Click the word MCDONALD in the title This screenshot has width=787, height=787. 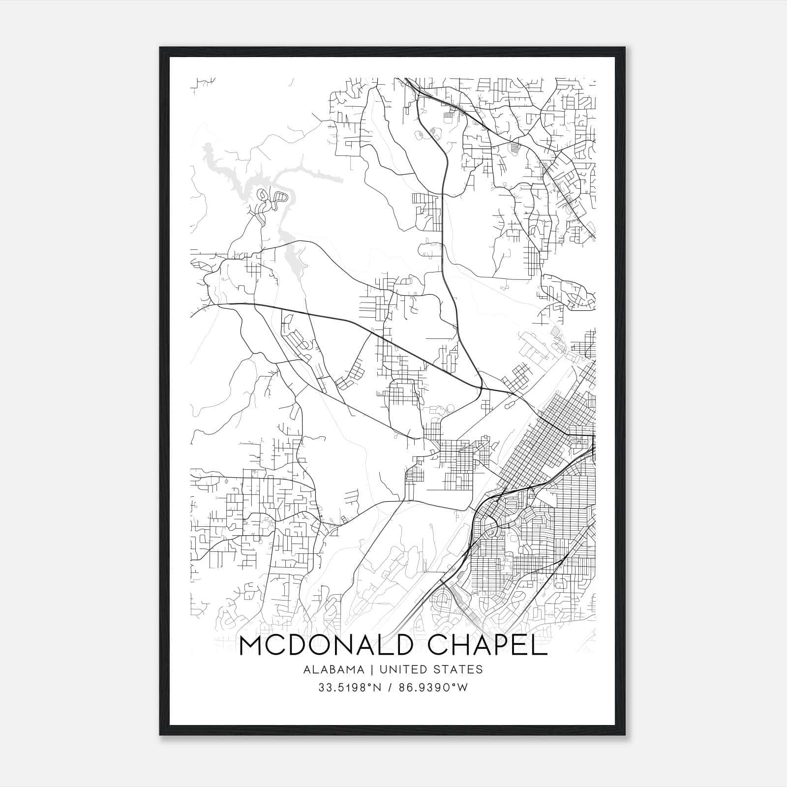325,646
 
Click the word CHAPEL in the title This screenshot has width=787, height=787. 487,646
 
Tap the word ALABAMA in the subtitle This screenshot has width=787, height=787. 334,669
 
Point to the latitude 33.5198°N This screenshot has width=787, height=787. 350,688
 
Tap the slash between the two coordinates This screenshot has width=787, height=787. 390,688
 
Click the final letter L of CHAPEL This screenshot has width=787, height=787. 540,646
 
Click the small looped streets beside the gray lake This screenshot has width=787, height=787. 273,199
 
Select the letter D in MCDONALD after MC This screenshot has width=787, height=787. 298,646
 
